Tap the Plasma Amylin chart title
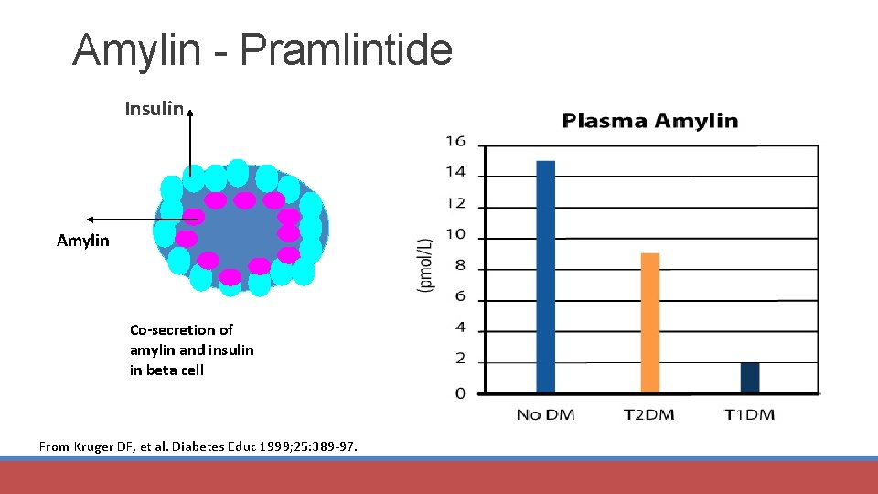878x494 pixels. (649, 121)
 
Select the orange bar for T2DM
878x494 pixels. (649, 323)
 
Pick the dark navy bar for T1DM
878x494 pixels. (749, 378)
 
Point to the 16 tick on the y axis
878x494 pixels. (455, 141)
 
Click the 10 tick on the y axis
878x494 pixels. (455, 234)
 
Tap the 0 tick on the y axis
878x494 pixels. (460, 392)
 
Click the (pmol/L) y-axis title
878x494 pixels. (425, 265)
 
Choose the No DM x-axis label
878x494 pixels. (545, 414)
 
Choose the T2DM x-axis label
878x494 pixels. (648, 414)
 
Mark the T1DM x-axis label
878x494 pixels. (749, 414)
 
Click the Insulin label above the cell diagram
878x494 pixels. (154, 110)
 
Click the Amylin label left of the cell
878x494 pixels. (82, 241)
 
